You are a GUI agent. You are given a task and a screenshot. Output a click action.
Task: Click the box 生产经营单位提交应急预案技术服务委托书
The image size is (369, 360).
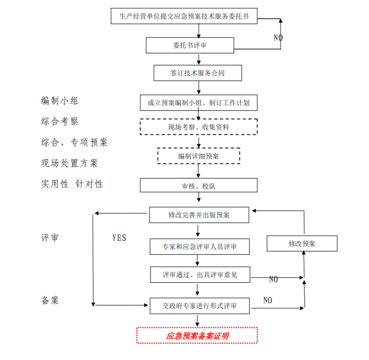(x=184, y=16)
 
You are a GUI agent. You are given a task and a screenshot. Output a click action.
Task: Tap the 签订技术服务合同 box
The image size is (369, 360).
(x=197, y=73)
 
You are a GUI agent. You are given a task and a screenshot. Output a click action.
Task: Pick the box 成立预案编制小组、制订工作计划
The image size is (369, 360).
(x=198, y=102)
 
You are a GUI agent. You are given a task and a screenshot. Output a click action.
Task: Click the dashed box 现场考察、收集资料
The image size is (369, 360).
(x=199, y=127)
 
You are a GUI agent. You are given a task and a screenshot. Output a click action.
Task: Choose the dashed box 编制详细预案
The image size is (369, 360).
(x=199, y=156)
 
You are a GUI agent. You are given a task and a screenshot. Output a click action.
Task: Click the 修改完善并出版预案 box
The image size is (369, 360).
(x=199, y=215)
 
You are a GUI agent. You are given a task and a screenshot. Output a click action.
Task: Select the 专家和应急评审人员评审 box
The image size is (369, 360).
(x=199, y=247)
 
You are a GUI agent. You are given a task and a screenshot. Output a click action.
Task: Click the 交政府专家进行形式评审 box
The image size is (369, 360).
(x=199, y=306)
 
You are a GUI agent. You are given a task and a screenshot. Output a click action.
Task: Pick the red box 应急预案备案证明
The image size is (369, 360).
(x=197, y=336)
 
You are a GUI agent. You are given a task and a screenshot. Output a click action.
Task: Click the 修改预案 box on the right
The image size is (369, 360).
(x=302, y=243)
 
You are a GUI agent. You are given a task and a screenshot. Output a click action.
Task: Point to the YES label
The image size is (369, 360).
(x=119, y=237)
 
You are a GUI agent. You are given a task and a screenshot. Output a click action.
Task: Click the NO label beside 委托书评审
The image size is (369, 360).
(x=278, y=38)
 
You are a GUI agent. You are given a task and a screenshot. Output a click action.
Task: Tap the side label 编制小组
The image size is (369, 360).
(x=60, y=100)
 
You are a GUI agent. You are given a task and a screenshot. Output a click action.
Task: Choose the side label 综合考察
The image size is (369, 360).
(x=60, y=121)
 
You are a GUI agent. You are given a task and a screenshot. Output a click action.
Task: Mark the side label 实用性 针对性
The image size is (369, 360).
(x=72, y=184)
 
